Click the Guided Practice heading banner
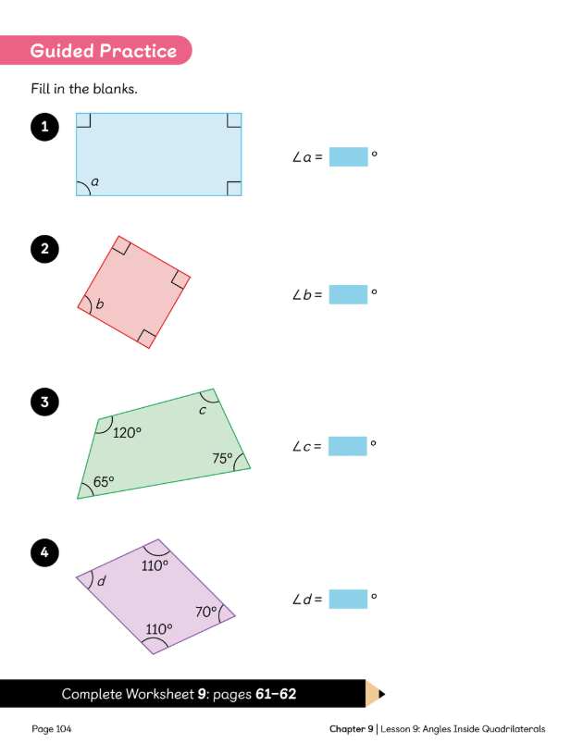click(x=94, y=50)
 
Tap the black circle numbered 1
click(x=44, y=127)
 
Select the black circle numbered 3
click(x=44, y=402)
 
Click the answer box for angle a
click(x=348, y=157)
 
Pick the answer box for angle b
click(x=348, y=294)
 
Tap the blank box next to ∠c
click(x=347, y=446)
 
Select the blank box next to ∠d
click(x=348, y=599)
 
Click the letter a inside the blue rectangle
click(x=94, y=181)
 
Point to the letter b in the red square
click(x=100, y=303)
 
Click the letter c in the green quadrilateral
click(x=203, y=411)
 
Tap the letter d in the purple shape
click(x=102, y=581)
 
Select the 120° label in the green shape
click(x=127, y=433)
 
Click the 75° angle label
click(x=222, y=458)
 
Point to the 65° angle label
click(x=104, y=482)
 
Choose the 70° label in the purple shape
click(x=206, y=612)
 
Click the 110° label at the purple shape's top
click(x=155, y=565)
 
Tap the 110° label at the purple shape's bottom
click(x=159, y=629)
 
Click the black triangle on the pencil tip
click(x=382, y=694)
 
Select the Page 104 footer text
click(x=52, y=729)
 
